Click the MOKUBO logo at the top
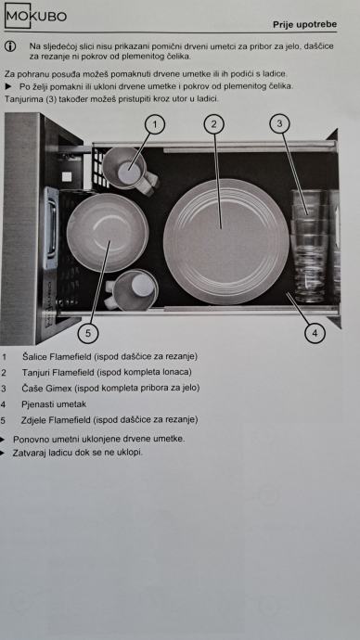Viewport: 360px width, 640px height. click(x=35, y=16)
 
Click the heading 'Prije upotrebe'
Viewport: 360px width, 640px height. click(x=305, y=24)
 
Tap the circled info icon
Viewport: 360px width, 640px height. click(x=10, y=46)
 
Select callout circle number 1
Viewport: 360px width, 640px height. click(x=154, y=125)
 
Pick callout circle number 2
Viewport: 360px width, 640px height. click(x=214, y=124)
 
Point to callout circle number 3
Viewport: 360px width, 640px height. click(x=279, y=123)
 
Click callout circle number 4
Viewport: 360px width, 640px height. click(x=315, y=333)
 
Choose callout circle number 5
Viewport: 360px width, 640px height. click(x=88, y=333)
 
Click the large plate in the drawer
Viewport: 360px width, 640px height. click(x=226, y=242)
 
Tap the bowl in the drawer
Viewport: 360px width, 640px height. click(x=108, y=233)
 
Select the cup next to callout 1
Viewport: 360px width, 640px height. click(x=129, y=171)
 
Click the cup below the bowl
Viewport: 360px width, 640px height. click(x=132, y=289)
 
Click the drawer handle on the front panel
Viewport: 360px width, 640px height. click(x=51, y=228)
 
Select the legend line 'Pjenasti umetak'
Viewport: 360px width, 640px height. click(x=54, y=404)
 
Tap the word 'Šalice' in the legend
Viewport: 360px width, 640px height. click(x=34, y=356)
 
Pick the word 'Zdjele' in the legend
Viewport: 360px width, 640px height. click(x=33, y=419)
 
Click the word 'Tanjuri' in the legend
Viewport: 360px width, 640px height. click(x=35, y=372)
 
